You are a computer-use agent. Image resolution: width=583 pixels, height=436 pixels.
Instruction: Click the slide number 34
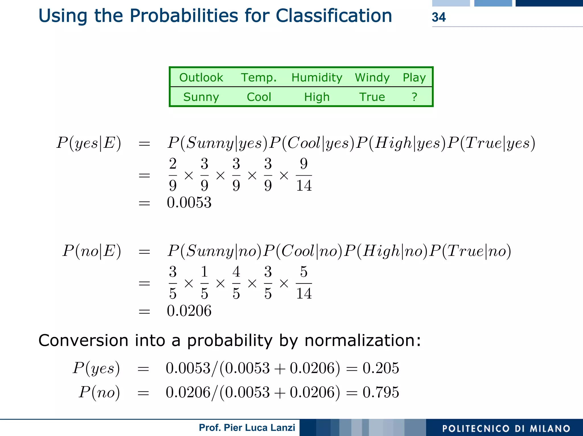[439, 17]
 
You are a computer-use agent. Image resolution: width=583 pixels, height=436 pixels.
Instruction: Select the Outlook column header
[201, 77]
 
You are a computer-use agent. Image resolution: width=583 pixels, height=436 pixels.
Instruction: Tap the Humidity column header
[317, 77]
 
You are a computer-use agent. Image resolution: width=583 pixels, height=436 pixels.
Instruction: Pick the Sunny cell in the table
[201, 97]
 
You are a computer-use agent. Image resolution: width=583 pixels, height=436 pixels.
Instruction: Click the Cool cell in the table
[259, 97]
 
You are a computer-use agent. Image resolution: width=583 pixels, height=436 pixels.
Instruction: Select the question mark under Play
[414, 97]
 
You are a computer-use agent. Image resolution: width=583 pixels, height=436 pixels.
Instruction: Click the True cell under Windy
[372, 97]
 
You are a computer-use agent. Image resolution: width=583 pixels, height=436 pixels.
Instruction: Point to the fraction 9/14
[304, 175]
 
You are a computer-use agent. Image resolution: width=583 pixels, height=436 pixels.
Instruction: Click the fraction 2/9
[173, 175]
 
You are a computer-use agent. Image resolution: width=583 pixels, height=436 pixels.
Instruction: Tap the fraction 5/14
[304, 283]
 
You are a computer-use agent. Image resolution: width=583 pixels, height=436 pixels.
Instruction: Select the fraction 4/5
[236, 283]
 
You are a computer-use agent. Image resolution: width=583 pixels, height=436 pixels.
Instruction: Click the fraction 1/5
[204, 283]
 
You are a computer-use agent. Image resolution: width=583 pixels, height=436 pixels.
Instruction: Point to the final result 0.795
[381, 392]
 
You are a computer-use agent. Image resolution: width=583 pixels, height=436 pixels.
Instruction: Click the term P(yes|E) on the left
[89, 143]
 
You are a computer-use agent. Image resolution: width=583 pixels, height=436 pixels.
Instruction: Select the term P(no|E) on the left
[92, 251]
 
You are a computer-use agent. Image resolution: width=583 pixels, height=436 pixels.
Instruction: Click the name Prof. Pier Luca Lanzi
[247, 427]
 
